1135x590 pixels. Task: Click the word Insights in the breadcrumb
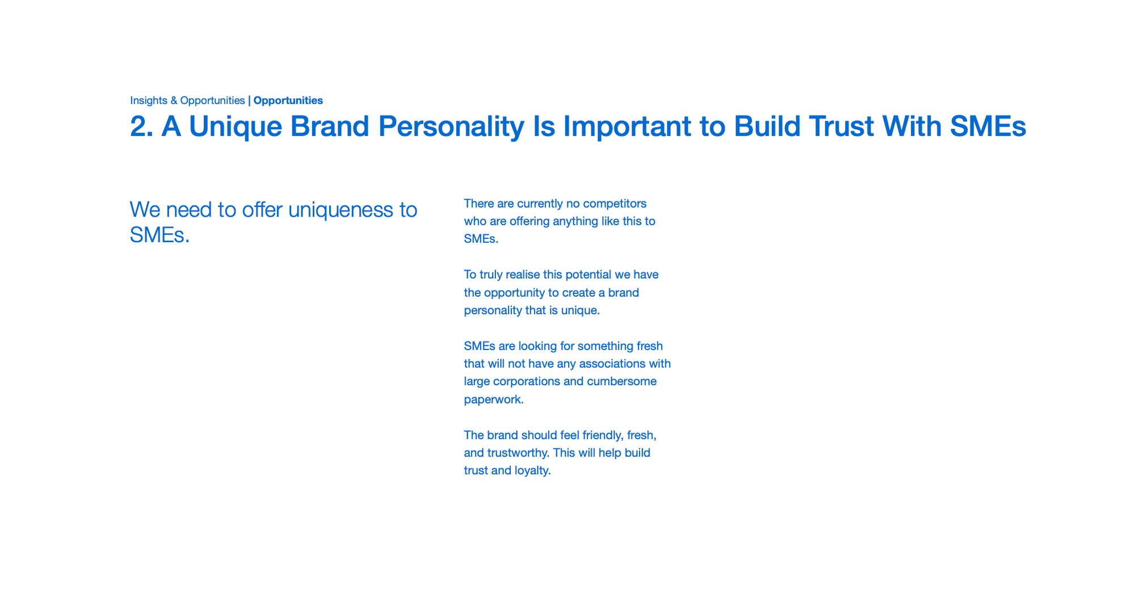coord(149,101)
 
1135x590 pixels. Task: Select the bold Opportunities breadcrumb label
coord(288,101)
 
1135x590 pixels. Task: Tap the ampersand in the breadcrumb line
coord(174,100)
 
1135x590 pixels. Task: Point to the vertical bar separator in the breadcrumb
coord(249,101)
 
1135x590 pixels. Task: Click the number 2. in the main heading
coord(141,126)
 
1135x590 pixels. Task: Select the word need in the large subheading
coord(189,210)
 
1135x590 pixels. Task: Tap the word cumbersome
coord(621,381)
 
